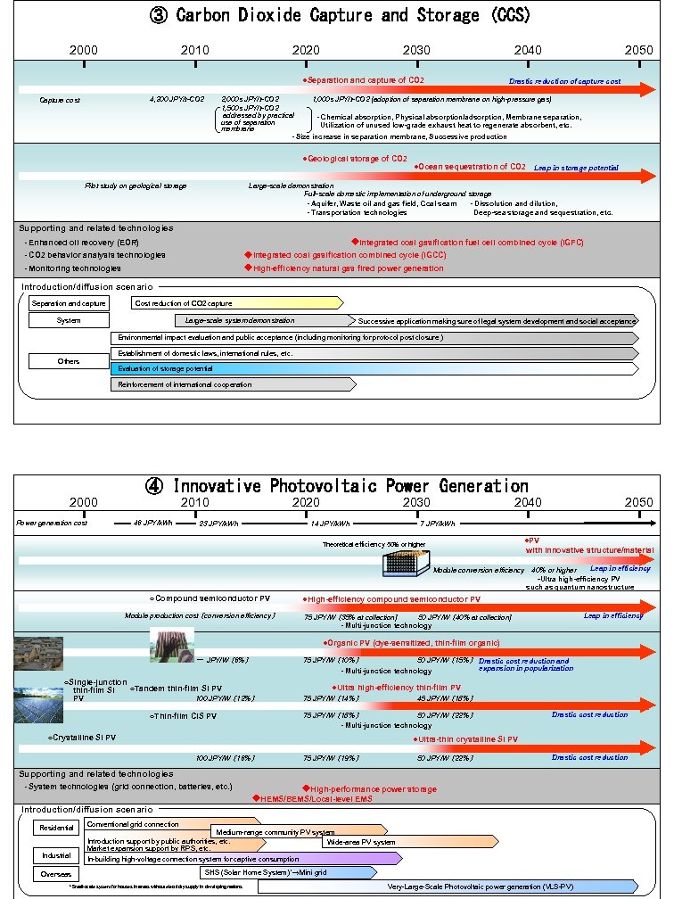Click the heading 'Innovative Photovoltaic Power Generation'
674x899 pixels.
click(x=337, y=486)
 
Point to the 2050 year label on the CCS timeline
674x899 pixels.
click(x=638, y=50)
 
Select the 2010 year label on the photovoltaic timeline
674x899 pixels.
click(x=195, y=503)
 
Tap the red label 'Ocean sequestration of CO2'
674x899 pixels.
click(x=471, y=167)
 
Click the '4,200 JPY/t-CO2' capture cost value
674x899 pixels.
click(x=177, y=99)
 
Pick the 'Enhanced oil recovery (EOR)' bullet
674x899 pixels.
click(x=82, y=243)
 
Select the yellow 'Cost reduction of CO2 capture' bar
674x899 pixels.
click(x=236, y=303)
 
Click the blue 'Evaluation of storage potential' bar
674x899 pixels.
click(x=374, y=368)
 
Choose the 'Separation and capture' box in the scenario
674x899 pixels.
click(x=69, y=303)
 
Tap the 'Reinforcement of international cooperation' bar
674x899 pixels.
click(x=232, y=384)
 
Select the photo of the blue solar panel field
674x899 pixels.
click(x=38, y=704)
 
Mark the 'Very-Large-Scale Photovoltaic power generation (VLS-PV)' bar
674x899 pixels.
click(x=446, y=887)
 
